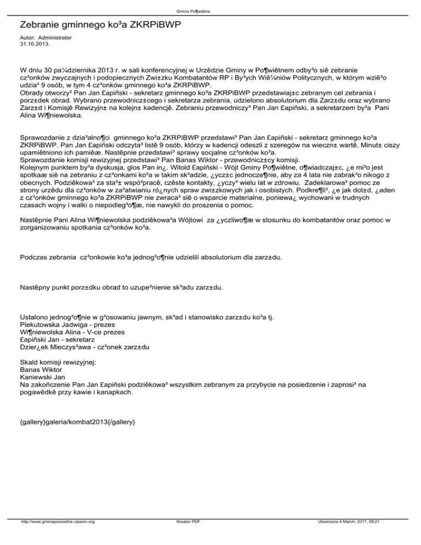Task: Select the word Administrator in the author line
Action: (x=55, y=37)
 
